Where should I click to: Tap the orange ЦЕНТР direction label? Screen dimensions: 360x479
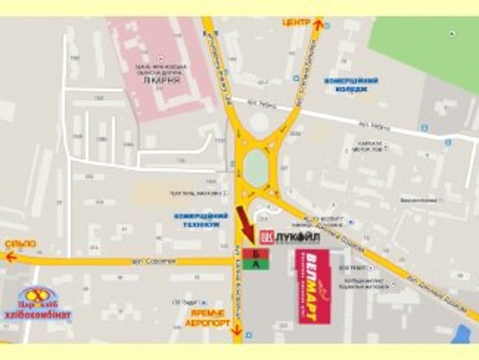pyautogui.click(x=296, y=22)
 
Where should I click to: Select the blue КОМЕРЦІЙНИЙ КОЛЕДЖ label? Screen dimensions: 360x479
pyautogui.click(x=350, y=85)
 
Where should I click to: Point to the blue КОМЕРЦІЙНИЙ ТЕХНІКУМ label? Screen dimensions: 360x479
pyautogui.click(x=200, y=219)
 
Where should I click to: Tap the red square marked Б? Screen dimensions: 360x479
pyautogui.click(x=255, y=253)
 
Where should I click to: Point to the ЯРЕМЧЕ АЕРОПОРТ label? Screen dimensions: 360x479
pyautogui.click(x=208, y=319)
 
